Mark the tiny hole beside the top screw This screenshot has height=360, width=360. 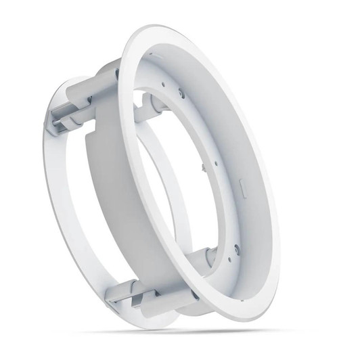163,86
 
